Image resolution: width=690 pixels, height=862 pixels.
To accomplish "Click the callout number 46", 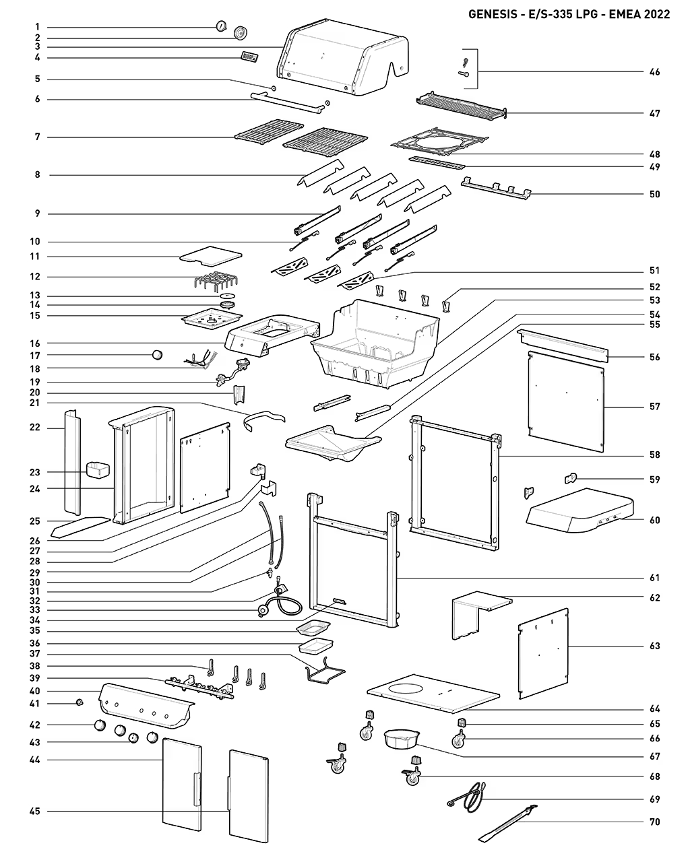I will pyautogui.click(x=654, y=72).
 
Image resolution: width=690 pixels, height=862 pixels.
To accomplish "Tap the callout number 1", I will pyautogui.click(x=38, y=26).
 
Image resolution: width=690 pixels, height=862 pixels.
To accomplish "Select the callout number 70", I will pyautogui.click(x=654, y=822).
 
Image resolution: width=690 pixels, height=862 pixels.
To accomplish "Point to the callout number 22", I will pyautogui.click(x=34, y=427).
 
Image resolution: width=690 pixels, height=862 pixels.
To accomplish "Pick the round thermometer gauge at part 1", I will pyautogui.click(x=221, y=26).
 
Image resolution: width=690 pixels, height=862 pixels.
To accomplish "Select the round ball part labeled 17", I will pyautogui.click(x=157, y=355).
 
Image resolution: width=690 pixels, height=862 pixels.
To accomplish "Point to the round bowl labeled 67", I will pyautogui.click(x=400, y=739).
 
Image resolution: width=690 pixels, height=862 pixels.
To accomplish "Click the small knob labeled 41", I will pyautogui.click(x=79, y=702).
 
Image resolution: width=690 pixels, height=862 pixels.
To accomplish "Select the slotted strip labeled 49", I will pyautogui.click(x=437, y=163).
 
